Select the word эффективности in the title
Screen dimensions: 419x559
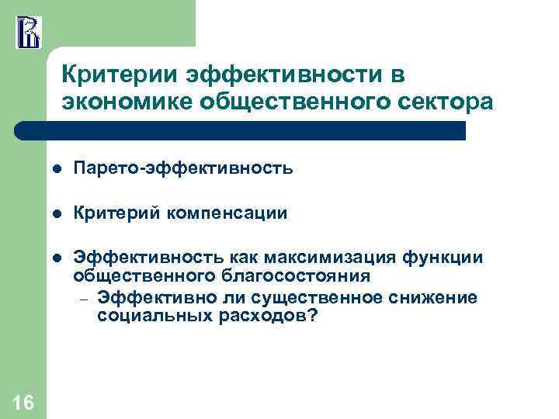click(273, 76)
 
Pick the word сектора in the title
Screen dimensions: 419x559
click(450, 103)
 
